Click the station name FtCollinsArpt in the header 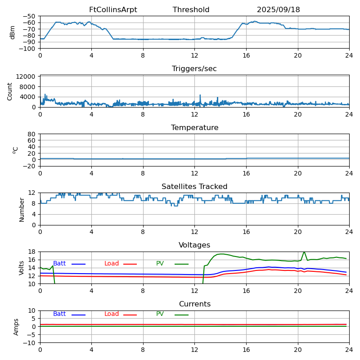[x=113, y=10]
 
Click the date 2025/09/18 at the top [x=278, y=10]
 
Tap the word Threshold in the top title [x=191, y=10]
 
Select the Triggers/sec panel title [x=194, y=69]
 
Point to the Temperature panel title [x=194, y=128]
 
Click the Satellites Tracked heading [x=194, y=187]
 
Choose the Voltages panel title [x=194, y=245]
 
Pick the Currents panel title [x=194, y=304]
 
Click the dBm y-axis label [x=13, y=32]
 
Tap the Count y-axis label [x=10, y=91]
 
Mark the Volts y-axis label [x=22, y=268]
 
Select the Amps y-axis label [x=16, y=327]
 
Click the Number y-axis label [x=22, y=209]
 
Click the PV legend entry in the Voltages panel [x=160, y=264]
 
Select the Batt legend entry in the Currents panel [x=59, y=314]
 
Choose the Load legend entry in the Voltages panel [x=112, y=264]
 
